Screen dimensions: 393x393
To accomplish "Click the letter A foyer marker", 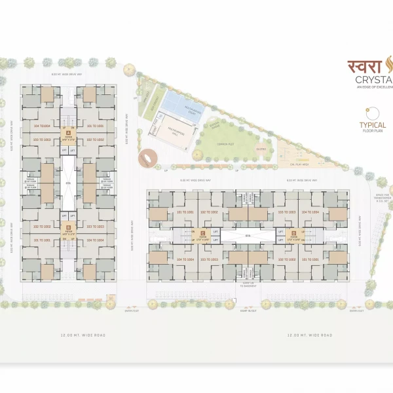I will tap(67, 132).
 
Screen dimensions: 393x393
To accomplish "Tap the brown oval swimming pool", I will tap(147, 158).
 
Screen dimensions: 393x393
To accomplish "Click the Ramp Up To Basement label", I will tap(247, 286).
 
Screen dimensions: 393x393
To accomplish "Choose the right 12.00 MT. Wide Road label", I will tap(310, 335).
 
